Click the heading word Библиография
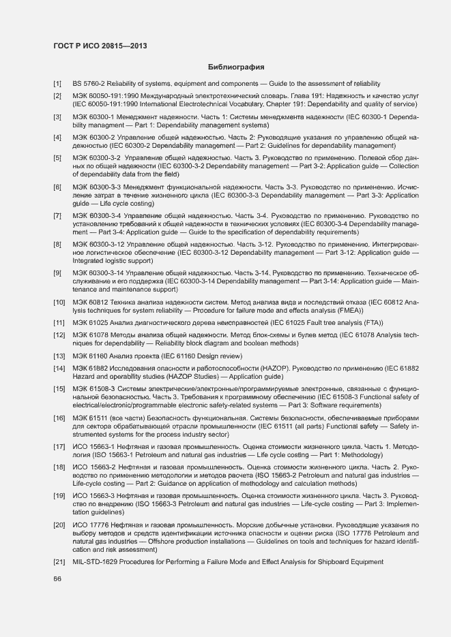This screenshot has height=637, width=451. [x=235, y=67]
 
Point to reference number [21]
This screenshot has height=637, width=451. [x=59, y=561]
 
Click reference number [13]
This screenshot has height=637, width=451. [x=59, y=356]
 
